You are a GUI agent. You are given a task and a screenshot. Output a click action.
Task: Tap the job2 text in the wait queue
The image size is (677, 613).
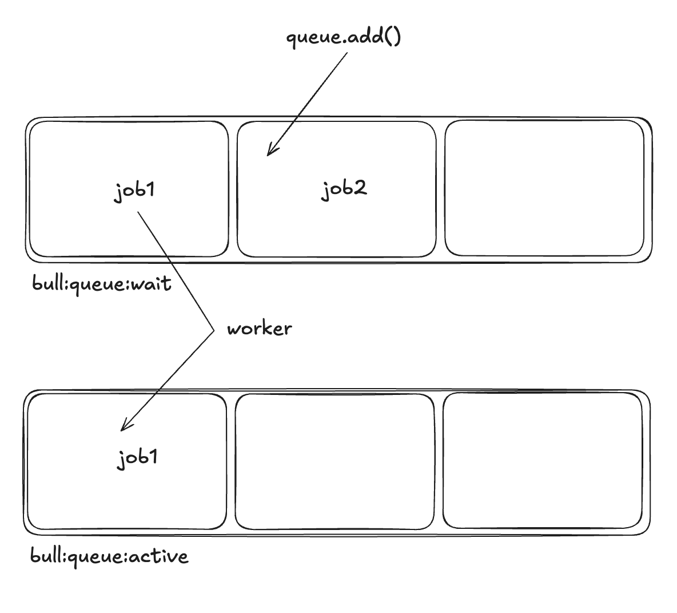343,188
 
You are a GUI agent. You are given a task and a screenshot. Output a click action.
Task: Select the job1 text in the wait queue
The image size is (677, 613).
135,190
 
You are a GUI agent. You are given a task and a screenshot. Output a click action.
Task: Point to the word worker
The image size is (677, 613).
259,329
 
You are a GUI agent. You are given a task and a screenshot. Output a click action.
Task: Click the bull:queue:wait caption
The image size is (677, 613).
102,283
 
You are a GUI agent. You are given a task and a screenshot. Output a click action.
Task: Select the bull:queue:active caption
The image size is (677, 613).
109,556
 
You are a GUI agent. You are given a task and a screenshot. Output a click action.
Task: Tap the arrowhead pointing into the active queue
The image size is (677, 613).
123,428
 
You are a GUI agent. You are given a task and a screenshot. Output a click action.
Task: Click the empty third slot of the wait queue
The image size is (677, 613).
544,188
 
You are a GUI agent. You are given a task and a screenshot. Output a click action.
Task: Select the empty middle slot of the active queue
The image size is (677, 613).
334,461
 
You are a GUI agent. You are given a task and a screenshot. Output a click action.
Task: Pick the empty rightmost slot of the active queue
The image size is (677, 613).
542,460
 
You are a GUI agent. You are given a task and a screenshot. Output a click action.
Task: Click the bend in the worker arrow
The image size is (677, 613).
212,329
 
